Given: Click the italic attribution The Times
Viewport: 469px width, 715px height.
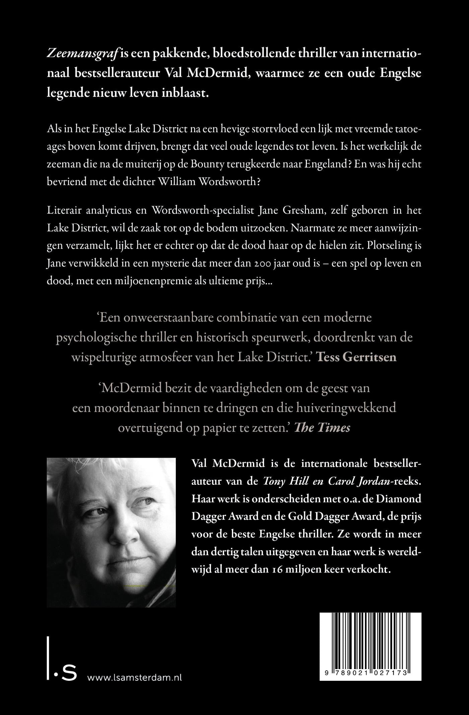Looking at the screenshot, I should [x=322, y=428].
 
